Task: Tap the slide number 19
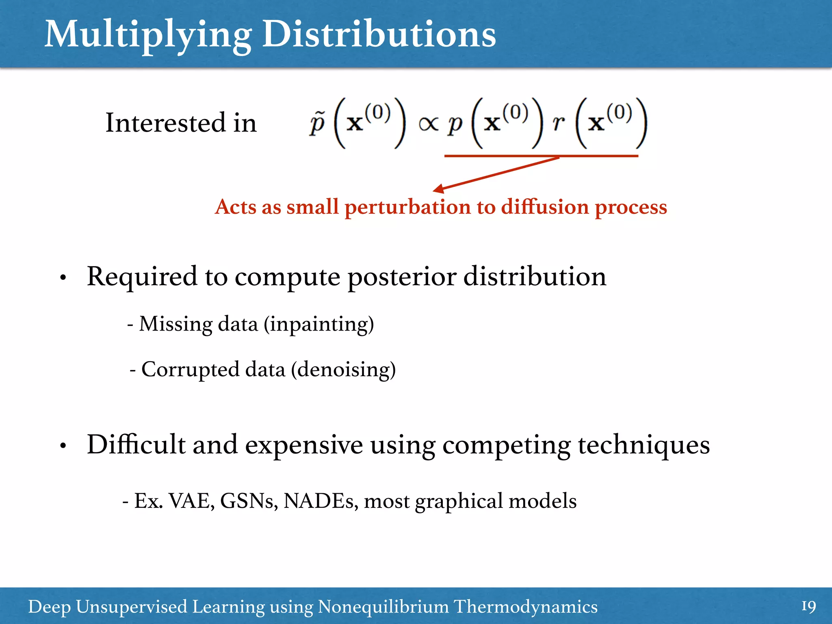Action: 808,607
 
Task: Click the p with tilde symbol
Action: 317,123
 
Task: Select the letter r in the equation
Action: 559,123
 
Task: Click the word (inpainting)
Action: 319,325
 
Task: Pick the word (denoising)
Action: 343,370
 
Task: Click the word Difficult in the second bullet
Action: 136,444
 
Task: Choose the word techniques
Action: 644,445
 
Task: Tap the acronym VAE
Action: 191,501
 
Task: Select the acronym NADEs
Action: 320,501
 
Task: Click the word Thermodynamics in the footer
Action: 525,607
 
